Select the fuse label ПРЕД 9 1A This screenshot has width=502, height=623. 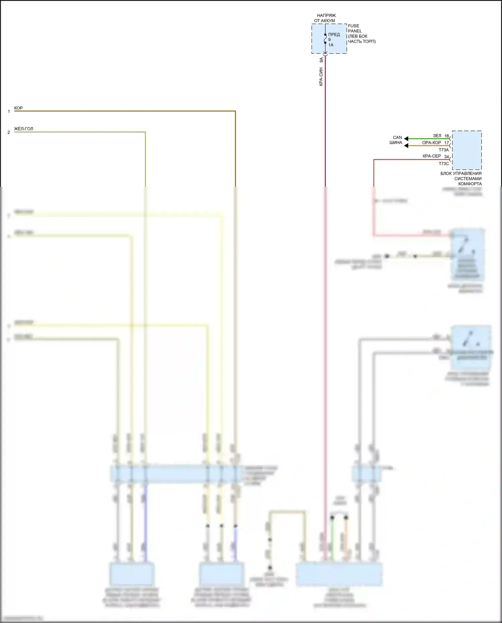pos(333,40)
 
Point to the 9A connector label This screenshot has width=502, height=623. pos(321,60)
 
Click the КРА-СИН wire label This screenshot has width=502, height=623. pos(321,77)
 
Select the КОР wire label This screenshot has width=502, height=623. pos(18,108)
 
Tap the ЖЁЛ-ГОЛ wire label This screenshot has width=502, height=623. pos(23,129)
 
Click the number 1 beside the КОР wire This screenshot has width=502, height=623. pos(9,111)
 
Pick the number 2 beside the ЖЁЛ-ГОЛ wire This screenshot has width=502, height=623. pos(9,132)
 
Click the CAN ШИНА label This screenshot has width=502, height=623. pos(397,140)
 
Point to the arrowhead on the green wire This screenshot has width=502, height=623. pos(406,138)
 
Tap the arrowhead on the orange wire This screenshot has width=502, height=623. pos(406,146)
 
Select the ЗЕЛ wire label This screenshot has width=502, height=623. pos(437,136)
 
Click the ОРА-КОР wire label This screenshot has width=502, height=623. pos(431,143)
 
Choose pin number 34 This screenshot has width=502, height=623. pos(446,157)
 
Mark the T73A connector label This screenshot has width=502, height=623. pos(443,150)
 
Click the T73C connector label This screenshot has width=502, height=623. pos(444,164)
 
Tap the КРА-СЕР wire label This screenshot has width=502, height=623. pos(431,156)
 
